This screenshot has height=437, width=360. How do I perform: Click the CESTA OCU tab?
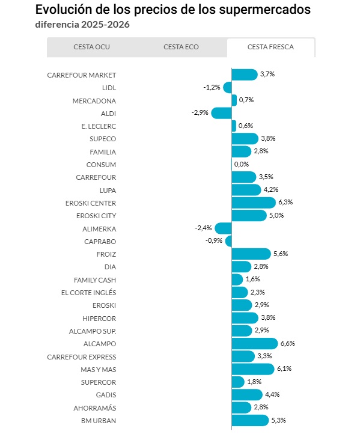tap(92, 47)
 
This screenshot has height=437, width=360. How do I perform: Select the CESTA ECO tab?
tap(181, 47)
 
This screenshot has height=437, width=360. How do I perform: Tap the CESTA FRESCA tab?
tap(270, 47)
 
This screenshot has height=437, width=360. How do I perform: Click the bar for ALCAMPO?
tap(255, 344)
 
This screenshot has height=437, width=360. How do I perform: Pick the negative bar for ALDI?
tap(221, 114)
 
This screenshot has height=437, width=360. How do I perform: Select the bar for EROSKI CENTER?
tap(254, 203)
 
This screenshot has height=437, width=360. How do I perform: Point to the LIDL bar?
tap(227, 88)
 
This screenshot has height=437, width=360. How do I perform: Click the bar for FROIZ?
tap(251, 254)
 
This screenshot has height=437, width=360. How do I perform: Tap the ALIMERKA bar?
tap(223, 228)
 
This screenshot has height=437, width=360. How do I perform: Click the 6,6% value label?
tap(287, 343)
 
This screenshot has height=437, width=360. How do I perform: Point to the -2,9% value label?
tap(200, 112)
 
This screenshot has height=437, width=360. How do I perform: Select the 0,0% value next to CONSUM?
tap(241, 164)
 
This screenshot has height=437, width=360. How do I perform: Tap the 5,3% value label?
tap(278, 420)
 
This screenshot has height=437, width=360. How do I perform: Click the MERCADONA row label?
tap(94, 101)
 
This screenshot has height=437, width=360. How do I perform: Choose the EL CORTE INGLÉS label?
tap(88, 293)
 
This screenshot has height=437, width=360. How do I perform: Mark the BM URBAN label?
tap(99, 421)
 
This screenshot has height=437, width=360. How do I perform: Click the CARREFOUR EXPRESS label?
tap(81, 357)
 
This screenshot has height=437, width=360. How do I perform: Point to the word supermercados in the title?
tap(264, 10)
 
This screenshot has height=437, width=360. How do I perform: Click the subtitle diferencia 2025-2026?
tap(82, 25)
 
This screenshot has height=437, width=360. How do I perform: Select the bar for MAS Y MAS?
tap(253, 369)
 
